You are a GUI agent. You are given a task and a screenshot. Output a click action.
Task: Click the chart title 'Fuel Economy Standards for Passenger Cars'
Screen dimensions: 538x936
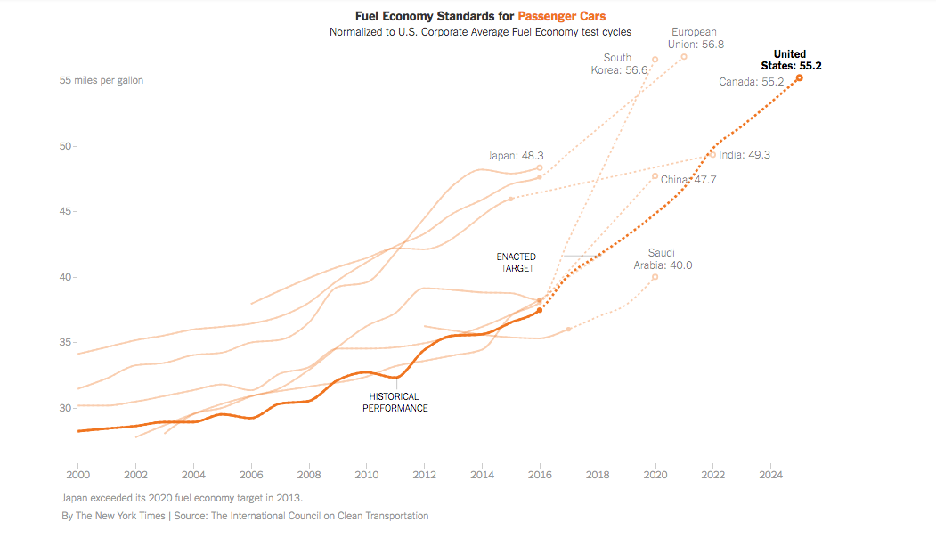coord(480,16)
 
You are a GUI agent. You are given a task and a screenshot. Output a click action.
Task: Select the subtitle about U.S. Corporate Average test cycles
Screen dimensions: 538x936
coord(480,32)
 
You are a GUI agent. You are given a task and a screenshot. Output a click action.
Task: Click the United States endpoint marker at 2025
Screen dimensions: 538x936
coord(799,78)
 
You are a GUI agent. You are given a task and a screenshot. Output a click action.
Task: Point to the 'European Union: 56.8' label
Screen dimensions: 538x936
coord(694,37)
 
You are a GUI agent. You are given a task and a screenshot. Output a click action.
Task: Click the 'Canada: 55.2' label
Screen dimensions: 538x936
coord(751,82)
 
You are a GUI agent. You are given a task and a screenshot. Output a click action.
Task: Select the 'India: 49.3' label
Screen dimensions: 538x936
coord(745,155)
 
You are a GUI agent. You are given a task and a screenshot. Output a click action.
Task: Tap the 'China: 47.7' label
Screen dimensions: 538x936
coord(688,180)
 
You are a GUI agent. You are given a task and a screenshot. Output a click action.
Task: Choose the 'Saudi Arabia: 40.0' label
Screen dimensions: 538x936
coord(663,259)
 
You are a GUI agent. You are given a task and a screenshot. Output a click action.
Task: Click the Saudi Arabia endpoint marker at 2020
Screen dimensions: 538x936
coord(655,277)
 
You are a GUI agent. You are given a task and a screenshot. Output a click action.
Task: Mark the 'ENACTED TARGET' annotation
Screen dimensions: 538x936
coord(517,263)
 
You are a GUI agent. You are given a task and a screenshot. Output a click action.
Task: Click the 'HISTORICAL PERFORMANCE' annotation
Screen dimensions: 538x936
coord(395,403)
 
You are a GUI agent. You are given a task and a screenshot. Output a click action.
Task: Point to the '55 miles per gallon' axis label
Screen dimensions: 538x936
coord(101,80)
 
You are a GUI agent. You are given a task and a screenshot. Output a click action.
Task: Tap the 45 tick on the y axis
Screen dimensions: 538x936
coord(66,212)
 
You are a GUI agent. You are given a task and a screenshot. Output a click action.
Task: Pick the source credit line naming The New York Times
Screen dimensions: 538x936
coord(245,516)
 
